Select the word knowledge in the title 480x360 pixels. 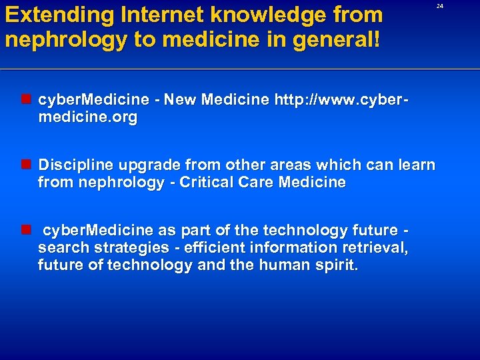tap(265, 15)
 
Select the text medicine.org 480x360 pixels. tap(87, 118)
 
